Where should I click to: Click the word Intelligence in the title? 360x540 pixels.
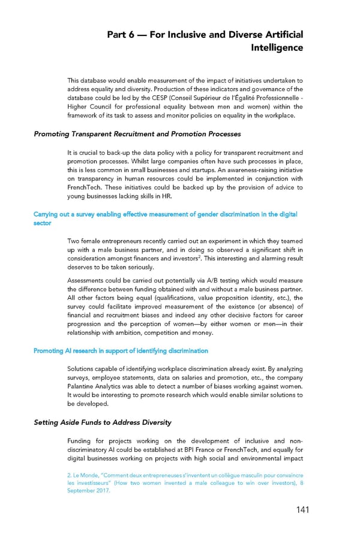point(277,47)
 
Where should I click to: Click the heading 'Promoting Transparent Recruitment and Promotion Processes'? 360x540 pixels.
point(137,134)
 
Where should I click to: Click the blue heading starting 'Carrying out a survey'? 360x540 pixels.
point(162,214)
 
